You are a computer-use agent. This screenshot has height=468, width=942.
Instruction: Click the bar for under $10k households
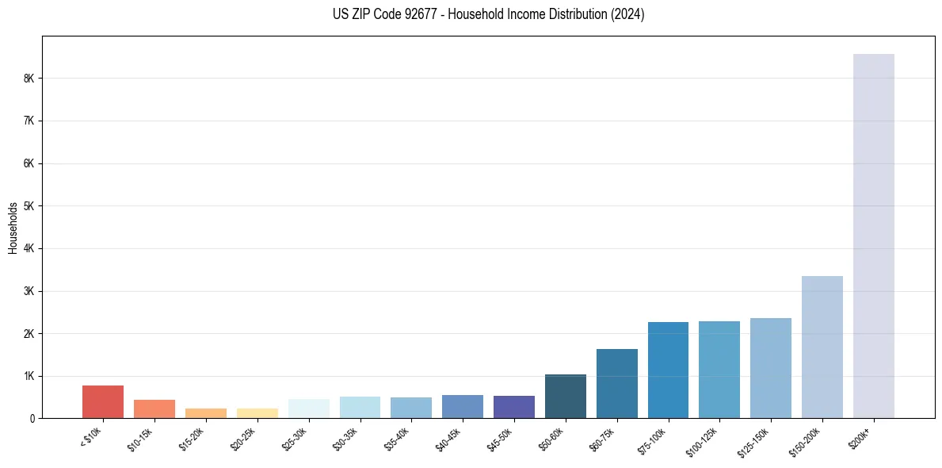103,402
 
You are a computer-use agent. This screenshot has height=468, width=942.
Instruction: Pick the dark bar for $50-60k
566,397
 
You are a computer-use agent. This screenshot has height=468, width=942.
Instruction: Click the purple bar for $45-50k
514,407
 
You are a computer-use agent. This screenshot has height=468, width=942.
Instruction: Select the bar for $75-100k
668,370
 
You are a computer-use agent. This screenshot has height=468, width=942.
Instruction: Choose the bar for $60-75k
617,384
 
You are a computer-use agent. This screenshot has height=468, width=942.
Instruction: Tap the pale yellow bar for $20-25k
257,413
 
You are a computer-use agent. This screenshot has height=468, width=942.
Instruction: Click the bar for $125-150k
771,368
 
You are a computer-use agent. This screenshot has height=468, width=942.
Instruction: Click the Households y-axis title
13,228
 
